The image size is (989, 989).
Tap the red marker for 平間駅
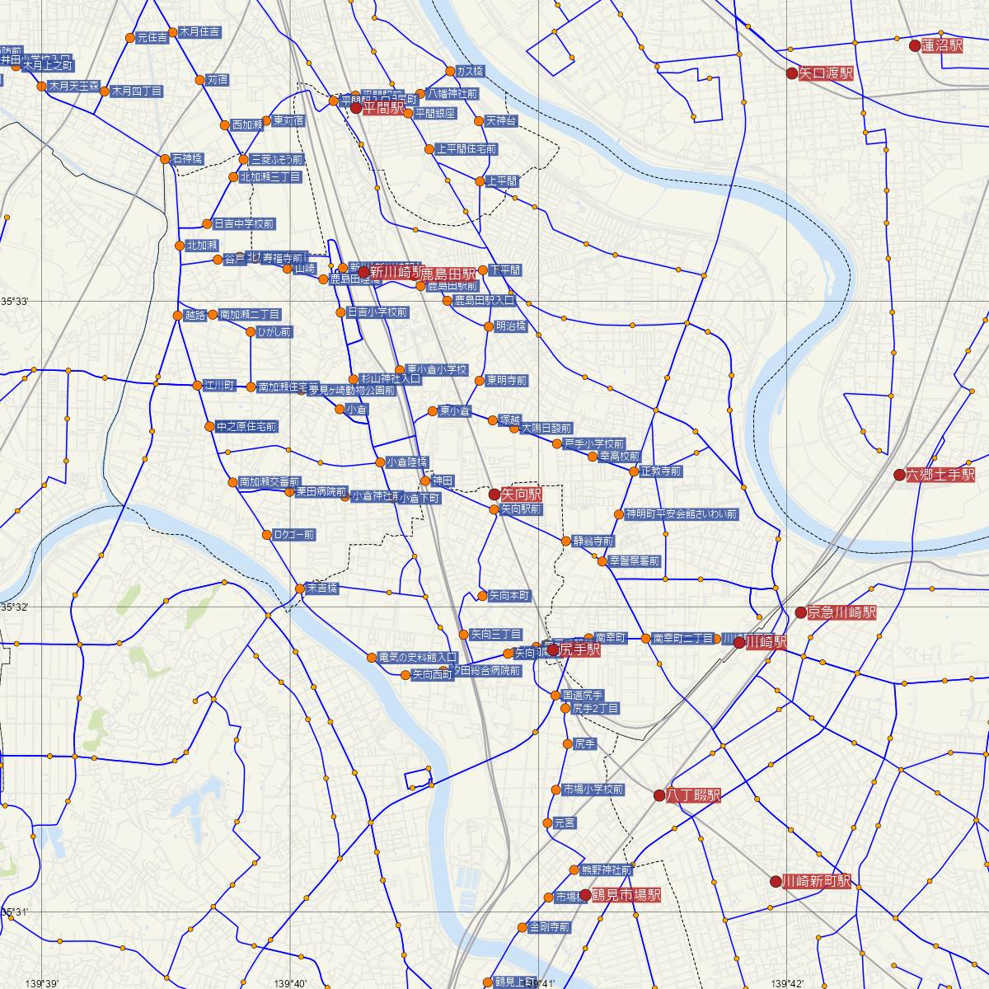pos(356,108)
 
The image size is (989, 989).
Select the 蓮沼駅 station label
pos(942,46)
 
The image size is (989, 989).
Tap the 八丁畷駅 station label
pos(693,795)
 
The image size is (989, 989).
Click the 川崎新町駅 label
pos(816,881)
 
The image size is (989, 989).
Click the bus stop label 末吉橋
pos(321,589)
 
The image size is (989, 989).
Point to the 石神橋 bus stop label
pos(187,159)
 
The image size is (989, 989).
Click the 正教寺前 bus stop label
pos(663,471)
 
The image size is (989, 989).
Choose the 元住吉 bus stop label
pos(152,37)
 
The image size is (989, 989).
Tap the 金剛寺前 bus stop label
pos(549,927)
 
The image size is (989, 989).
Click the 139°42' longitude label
pos(786,983)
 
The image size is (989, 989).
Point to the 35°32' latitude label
pos(15,607)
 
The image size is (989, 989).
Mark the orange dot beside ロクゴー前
pos(267,535)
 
